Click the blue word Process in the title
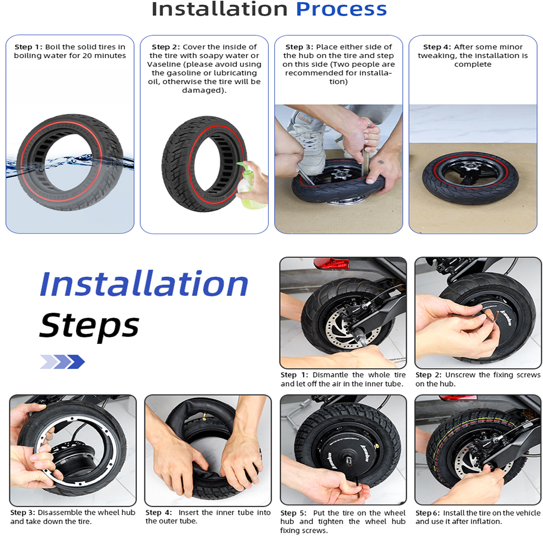click(x=341, y=9)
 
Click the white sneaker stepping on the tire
click(x=309, y=145)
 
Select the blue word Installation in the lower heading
click(x=144, y=283)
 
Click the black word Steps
click(x=89, y=325)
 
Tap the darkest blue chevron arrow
click(x=75, y=362)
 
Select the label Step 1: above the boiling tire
click(x=28, y=47)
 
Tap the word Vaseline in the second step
click(x=164, y=65)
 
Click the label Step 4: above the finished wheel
click(x=437, y=47)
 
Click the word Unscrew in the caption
click(x=460, y=375)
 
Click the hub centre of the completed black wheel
click(x=470, y=167)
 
